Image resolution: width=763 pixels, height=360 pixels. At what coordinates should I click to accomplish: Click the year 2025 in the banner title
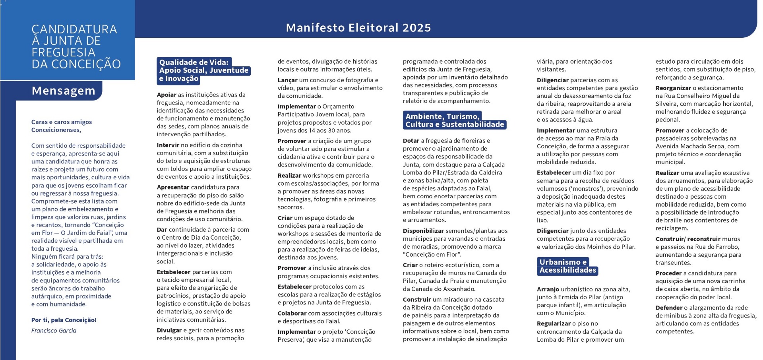click(x=416, y=28)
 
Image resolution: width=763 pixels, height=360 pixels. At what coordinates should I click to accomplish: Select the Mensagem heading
click(x=64, y=91)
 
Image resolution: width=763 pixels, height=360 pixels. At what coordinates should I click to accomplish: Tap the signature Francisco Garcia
click(x=54, y=331)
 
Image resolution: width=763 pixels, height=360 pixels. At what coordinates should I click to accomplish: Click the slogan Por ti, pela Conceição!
click(x=64, y=320)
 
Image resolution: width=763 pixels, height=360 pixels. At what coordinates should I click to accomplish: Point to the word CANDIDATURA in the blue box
click(x=74, y=29)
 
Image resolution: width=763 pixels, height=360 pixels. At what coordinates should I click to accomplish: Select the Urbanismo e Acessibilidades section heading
click(x=567, y=266)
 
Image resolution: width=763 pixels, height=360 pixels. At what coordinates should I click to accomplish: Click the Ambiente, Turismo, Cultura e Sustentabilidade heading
click(x=454, y=120)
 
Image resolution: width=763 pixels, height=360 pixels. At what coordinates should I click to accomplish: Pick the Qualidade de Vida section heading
click(x=203, y=70)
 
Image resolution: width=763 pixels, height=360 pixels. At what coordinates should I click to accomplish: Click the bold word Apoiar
click(x=167, y=95)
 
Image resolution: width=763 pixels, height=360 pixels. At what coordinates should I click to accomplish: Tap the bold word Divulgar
click(x=169, y=330)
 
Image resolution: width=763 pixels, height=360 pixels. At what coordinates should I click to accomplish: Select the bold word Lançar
click(x=287, y=80)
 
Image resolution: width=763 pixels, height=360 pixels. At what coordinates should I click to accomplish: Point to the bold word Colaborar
click(x=292, y=313)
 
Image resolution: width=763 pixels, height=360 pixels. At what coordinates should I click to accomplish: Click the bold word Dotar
click(x=411, y=141)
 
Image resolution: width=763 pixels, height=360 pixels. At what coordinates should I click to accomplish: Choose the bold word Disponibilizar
click(x=423, y=231)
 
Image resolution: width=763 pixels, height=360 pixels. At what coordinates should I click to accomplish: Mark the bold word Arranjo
click(x=548, y=289)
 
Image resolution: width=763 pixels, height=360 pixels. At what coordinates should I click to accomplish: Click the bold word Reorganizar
click(x=673, y=88)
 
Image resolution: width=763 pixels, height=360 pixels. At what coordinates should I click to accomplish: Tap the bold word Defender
click(x=669, y=308)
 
